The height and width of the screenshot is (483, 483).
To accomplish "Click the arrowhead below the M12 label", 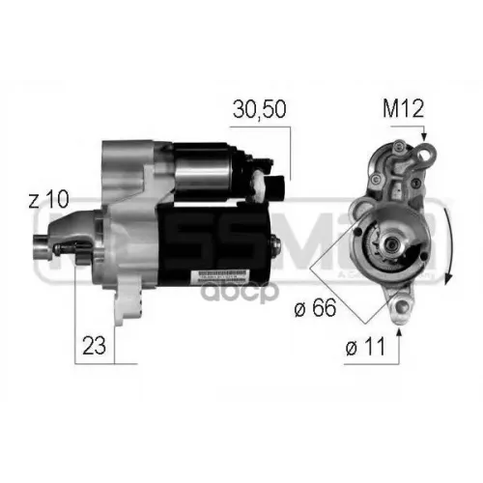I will point(423,141).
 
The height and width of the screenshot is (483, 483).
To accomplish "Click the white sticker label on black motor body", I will point(224,275).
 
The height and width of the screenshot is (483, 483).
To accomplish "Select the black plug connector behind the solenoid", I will point(275,189).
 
